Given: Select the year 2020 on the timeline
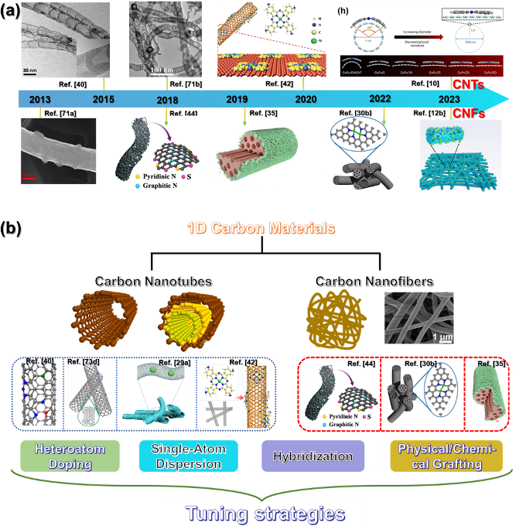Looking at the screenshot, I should coord(306,100).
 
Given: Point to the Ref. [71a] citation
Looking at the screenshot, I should coord(59,114).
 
